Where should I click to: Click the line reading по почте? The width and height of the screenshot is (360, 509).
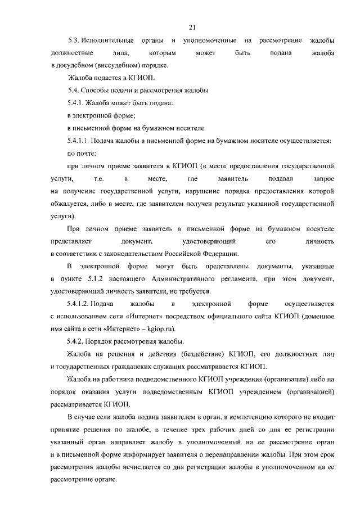click(81, 153)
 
